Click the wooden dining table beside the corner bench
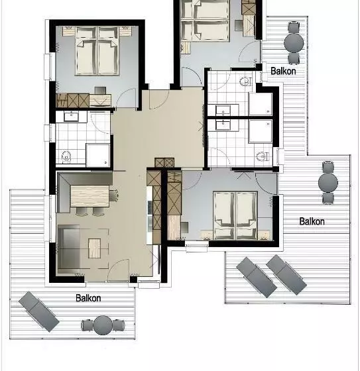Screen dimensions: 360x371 tap(90, 196)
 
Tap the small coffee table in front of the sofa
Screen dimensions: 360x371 tap(95, 248)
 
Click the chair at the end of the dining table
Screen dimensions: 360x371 tap(114, 195)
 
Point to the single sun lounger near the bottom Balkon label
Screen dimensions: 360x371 tap(39, 311)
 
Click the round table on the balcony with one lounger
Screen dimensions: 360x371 tap(103, 325)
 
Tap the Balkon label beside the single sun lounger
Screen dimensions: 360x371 tap(88, 298)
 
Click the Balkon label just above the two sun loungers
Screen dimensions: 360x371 tap(312, 221)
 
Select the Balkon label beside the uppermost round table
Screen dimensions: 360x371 tap(283, 71)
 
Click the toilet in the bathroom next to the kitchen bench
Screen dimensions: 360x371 tap(66, 156)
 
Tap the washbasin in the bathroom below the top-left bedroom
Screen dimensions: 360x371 tap(72, 117)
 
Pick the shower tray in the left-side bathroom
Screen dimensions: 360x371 tap(98, 155)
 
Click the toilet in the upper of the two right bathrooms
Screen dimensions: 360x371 tap(245, 81)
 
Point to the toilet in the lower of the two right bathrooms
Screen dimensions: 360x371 tap(262, 156)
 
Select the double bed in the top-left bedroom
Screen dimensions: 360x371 tap(97, 51)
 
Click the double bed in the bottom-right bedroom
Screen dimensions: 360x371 tap(235, 215)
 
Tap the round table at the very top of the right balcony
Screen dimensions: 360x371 tap(294, 43)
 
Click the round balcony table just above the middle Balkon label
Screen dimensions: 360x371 tap(328, 182)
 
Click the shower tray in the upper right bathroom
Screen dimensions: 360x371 tap(261, 104)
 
